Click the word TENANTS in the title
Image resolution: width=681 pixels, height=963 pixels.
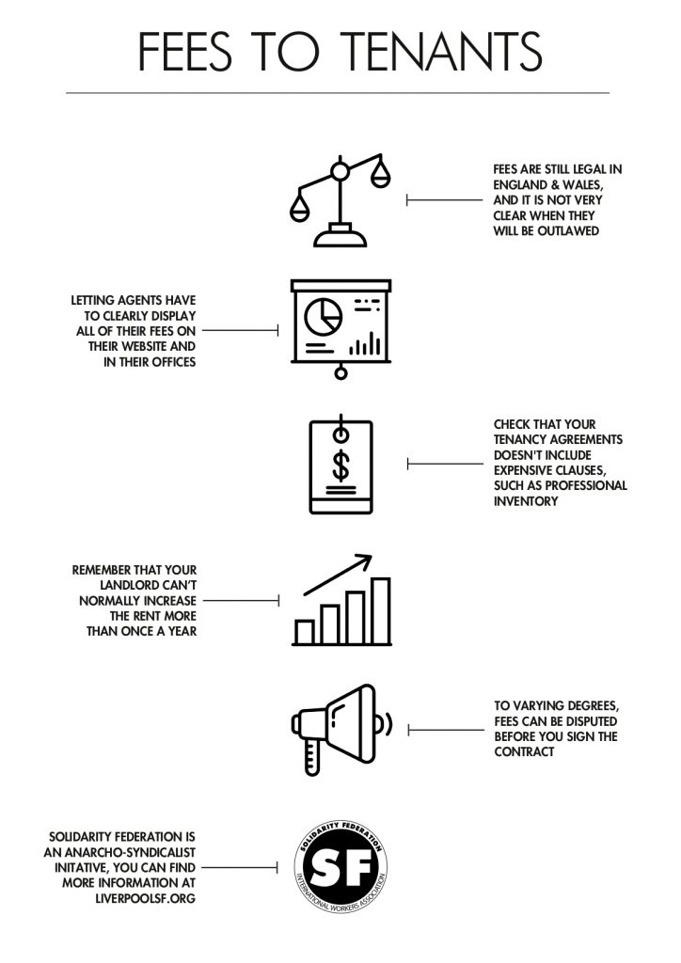point(441,52)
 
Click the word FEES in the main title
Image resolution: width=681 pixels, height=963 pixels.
point(185,52)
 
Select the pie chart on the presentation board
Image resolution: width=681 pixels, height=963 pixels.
point(323,316)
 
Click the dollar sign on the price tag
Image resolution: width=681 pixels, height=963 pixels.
point(340,466)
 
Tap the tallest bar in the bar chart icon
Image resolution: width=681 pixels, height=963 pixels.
point(381,610)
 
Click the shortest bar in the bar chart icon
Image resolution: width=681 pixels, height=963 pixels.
point(305,631)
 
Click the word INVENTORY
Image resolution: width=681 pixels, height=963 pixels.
point(526,501)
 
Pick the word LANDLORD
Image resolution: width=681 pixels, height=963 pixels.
point(130,585)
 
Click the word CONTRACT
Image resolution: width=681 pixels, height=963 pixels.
point(524,751)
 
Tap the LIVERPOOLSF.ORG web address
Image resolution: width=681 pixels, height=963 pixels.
point(146,898)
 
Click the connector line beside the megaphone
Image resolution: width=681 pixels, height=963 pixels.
point(446,730)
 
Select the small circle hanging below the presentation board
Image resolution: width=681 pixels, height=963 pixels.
point(340,372)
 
